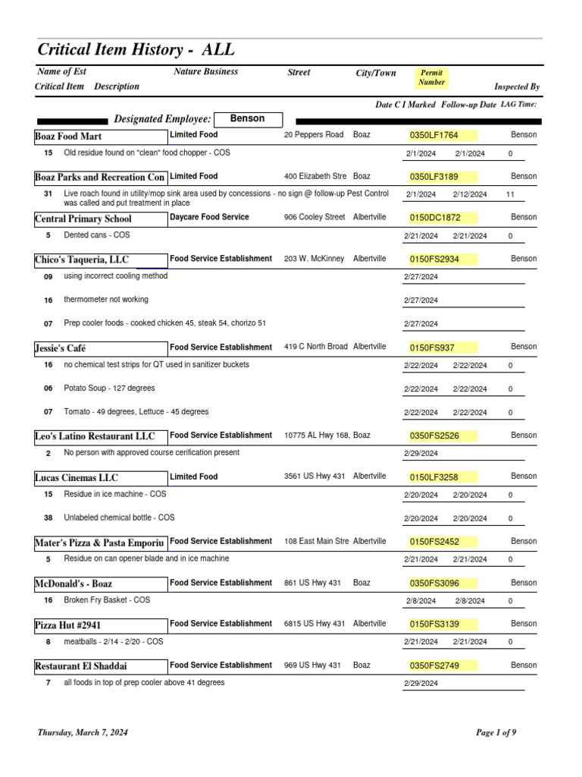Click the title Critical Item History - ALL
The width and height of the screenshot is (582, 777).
pos(136,50)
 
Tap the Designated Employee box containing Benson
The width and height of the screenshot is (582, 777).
pos(247,119)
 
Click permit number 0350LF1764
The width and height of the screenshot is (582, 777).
pos(434,136)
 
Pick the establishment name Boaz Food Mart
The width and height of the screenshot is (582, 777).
pos(69,137)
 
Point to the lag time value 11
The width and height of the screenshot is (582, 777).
pos(510,194)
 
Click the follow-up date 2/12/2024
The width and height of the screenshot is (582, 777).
pos(470,194)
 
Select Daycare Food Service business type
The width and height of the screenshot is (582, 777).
pos(209,218)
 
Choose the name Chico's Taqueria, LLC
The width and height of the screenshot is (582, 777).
pos(82,260)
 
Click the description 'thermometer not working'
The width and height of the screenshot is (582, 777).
pos(106,300)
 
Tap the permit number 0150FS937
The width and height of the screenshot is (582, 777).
pos(433,348)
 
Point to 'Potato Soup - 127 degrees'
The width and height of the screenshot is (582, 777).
pos(109,388)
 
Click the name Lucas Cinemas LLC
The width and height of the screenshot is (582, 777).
pos(77,478)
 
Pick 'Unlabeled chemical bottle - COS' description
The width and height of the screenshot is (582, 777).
pos(119,517)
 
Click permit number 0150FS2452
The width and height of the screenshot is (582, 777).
pos(434,542)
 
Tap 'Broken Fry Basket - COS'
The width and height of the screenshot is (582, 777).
pos(107,600)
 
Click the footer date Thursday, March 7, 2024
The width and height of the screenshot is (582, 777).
pos(83,733)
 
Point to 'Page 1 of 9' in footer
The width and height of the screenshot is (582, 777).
pos(496,733)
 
